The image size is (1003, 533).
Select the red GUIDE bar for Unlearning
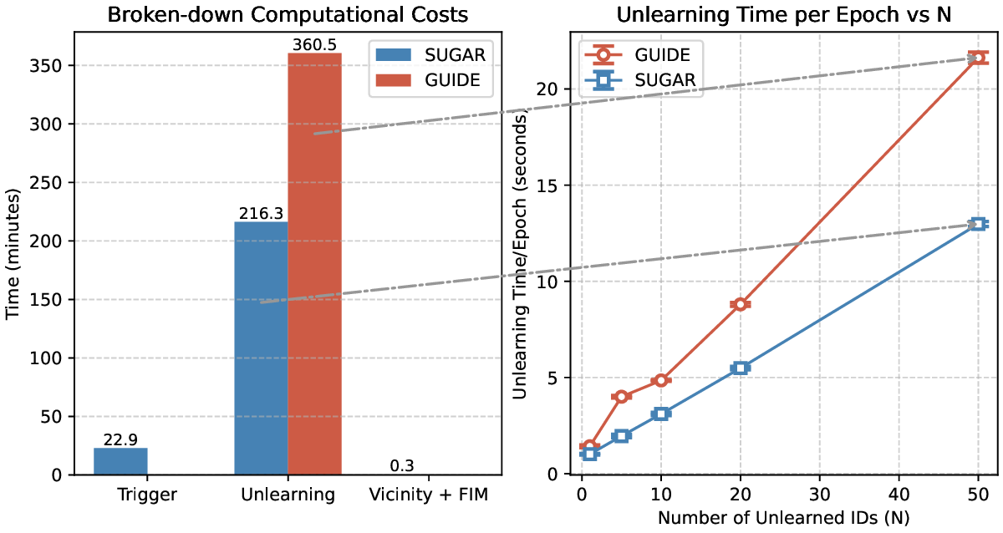(314, 263)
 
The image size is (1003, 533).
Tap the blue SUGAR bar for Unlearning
(261, 348)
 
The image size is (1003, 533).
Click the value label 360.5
(314, 43)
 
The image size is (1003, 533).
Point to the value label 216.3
(261, 213)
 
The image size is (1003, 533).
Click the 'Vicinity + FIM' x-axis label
(428, 495)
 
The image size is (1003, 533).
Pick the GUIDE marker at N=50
(978, 58)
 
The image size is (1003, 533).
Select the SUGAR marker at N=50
(978, 224)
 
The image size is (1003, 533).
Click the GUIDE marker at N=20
(740, 304)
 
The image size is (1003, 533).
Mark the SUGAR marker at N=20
(740, 368)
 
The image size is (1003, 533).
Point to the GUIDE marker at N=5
(621, 397)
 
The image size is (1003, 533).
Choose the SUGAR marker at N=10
(660, 414)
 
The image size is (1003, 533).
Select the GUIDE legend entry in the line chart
(644, 56)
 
